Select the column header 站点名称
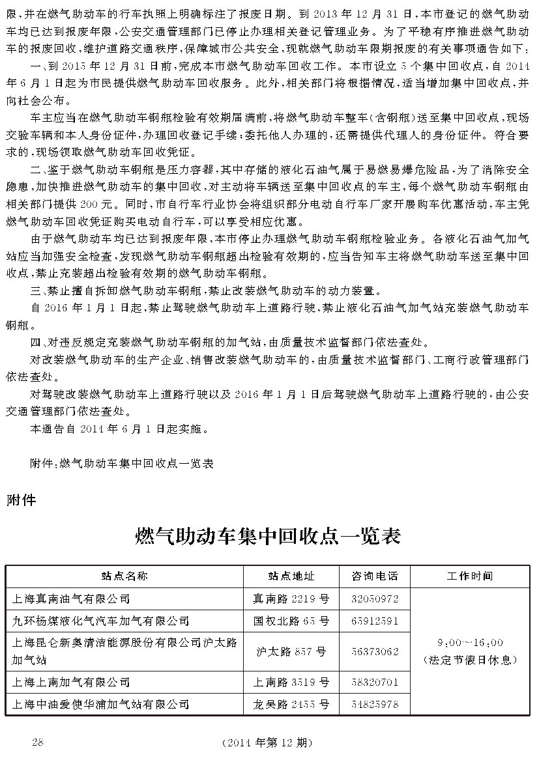point(124,576)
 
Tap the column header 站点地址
point(291,576)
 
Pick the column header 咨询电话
point(375,576)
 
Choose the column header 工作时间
point(469,576)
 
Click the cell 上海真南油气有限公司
point(72,599)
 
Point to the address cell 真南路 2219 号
point(291,599)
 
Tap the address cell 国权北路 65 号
point(291,621)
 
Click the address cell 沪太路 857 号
point(291,651)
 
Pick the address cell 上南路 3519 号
point(291,682)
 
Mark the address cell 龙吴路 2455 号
point(291,704)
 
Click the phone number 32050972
point(375,599)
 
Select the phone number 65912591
point(375,621)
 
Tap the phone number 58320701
point(375,682)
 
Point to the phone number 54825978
point(375,704)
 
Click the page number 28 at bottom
point(37,742)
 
